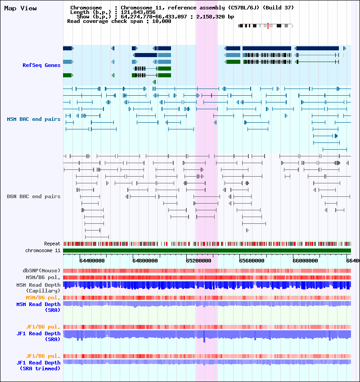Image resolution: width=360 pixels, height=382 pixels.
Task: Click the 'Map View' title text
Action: point(20,8)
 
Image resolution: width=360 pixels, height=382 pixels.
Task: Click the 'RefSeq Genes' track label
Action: point(41,65)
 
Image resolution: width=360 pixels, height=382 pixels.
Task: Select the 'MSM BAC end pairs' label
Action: point(33,119)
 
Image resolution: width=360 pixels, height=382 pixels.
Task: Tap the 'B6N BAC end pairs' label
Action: point(33,196)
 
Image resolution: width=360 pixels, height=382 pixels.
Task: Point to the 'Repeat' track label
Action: point(52,244)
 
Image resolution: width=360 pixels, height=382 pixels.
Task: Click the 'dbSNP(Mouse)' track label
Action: point(41,271)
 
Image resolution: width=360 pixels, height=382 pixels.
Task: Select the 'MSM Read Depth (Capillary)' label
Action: point(38,288)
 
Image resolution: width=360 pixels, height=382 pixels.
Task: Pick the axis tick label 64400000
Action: point(92,260)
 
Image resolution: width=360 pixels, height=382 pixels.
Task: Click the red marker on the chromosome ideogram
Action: point(268,26)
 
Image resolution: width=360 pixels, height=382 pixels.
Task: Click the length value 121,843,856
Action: point(138,12)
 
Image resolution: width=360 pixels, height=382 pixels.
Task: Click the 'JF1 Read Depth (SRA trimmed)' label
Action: point(38,365)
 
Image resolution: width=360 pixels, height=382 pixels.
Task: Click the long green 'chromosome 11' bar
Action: point(207,250)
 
